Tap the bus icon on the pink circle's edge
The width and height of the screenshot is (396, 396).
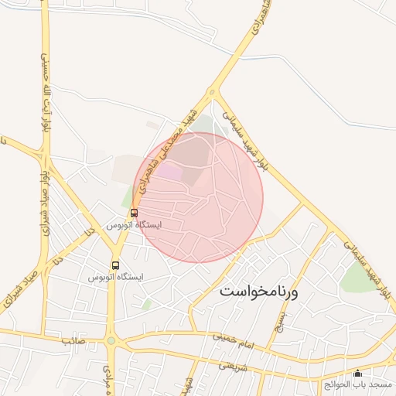(134, 213)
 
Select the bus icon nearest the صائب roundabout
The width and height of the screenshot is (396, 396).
(115, 265)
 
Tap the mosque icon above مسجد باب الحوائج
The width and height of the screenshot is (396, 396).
(357, 374)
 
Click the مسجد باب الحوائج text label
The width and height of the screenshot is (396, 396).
(359, 384)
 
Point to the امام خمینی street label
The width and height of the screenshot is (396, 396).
(230, 337)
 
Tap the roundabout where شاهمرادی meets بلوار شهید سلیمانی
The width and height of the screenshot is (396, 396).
(212, 94)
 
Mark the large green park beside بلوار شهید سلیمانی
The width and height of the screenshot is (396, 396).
(357, 276)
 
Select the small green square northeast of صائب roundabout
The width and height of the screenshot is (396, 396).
(145, 304)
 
